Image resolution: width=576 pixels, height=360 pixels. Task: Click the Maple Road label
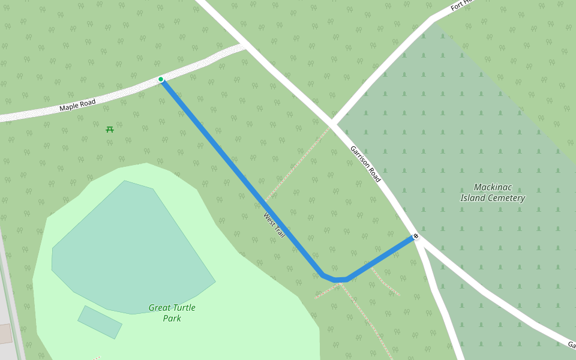(x=77, y=106)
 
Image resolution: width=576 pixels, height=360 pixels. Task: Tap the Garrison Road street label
(x=365, y=164)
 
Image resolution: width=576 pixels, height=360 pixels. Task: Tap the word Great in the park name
(x=160, y=308)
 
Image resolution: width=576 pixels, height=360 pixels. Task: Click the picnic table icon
(x=110, y=129)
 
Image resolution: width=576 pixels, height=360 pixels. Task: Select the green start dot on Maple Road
(x=161, y=79)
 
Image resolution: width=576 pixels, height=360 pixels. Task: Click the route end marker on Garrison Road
(x=416, y=236)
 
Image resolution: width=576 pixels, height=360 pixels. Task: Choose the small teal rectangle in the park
(x=100, y=322)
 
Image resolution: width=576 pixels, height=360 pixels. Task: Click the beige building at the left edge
(x=5, y=334)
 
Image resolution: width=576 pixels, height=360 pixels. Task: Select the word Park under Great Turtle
(x=172, y=319)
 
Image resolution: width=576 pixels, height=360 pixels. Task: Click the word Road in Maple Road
(x=88, y=103)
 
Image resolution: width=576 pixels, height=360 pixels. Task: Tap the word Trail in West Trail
(x=278, y=231)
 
